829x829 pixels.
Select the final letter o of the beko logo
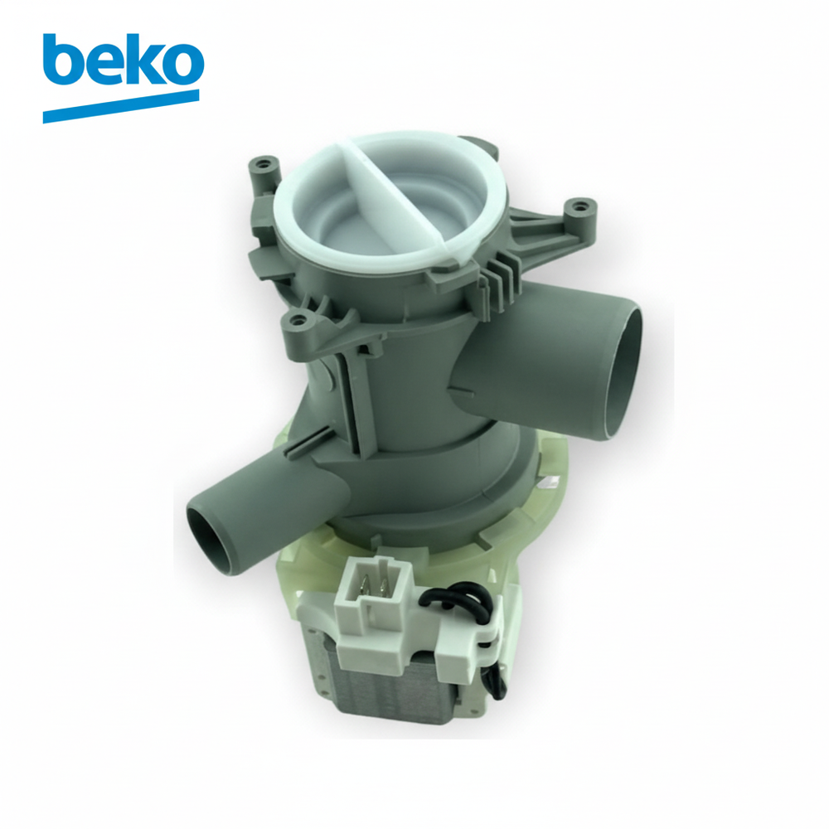(182, 65)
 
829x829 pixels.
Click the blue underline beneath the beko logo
(120, 106)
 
